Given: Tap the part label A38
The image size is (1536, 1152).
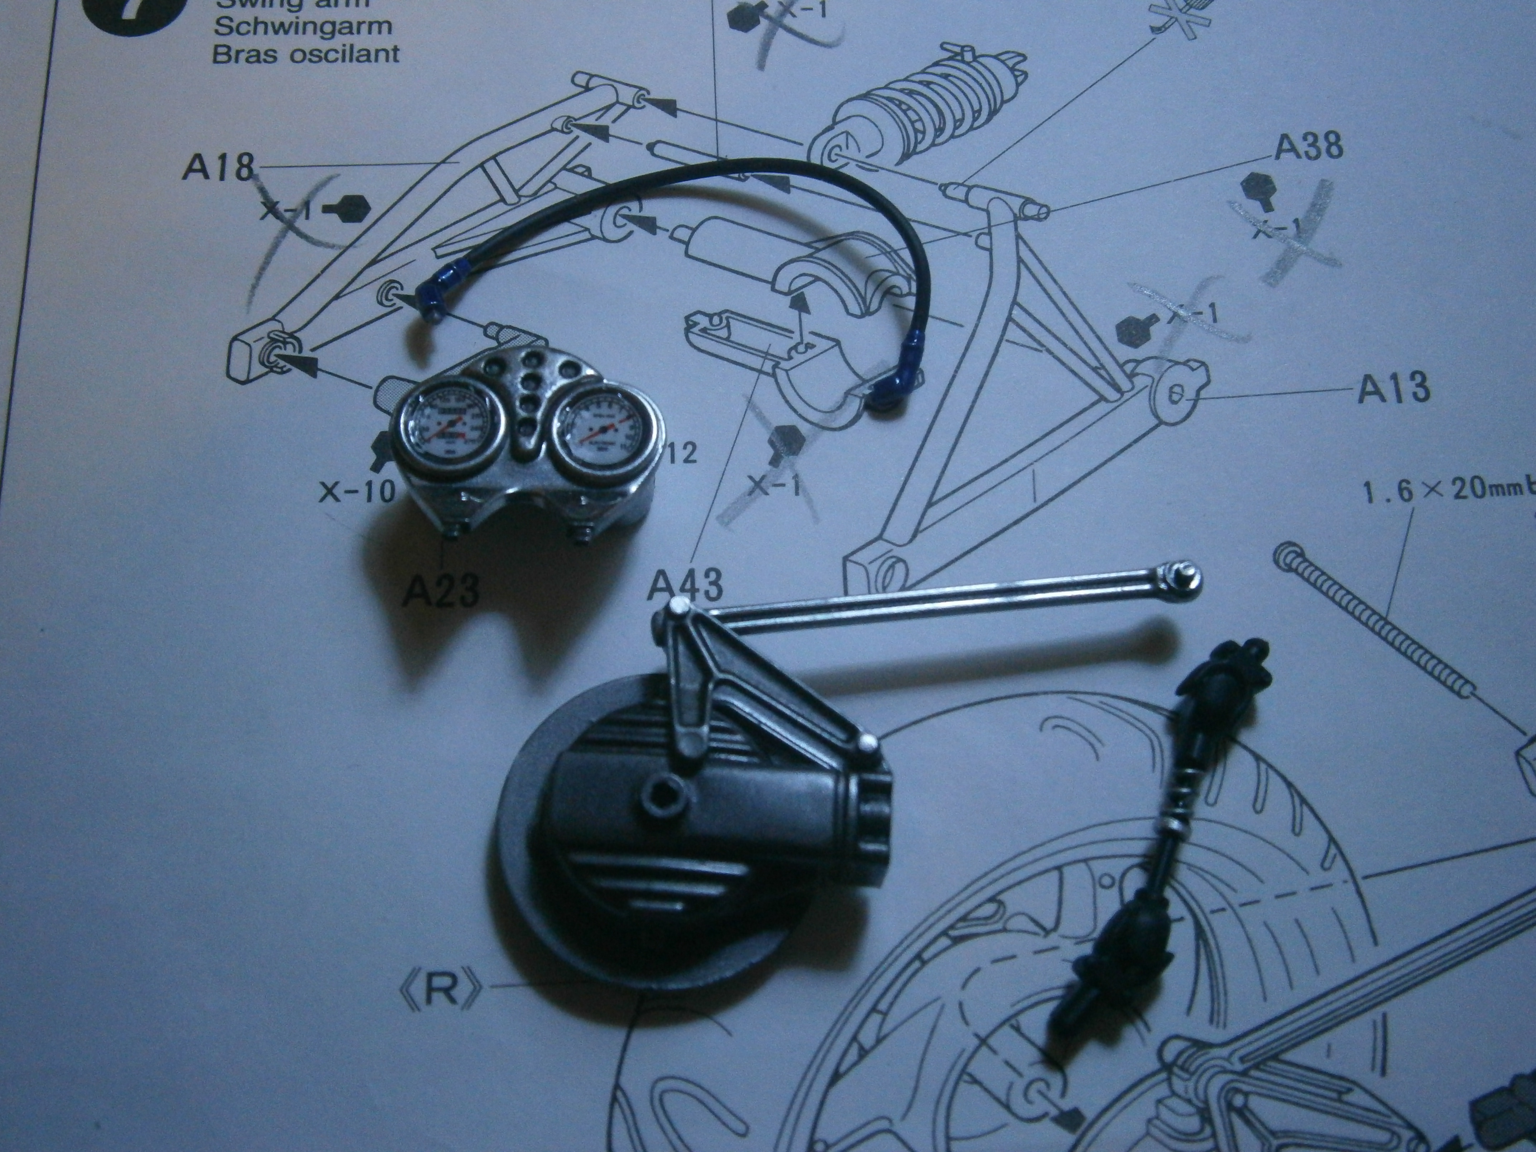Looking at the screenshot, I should coord(1308,147).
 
